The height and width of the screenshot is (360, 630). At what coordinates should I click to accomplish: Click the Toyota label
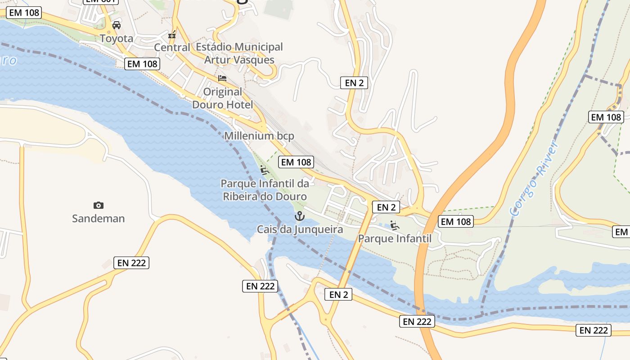[117, 39]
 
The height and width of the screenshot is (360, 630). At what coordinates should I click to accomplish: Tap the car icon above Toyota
[117, 25]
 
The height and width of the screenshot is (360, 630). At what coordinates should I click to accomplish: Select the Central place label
[172, 47]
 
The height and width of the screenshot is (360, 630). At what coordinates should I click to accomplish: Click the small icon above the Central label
[172, 35]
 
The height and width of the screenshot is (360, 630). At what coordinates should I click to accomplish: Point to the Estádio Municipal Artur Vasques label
[239, 53]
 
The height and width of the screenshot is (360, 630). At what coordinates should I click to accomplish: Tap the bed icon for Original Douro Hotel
[222, 78]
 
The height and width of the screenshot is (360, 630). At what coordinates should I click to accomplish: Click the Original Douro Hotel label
[222, 98]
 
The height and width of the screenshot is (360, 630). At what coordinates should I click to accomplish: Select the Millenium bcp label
[259, 135]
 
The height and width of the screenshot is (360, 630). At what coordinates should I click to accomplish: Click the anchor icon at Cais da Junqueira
[299, 216]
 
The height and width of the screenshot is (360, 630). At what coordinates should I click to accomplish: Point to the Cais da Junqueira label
[300, 229]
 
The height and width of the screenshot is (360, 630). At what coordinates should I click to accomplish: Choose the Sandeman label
[99, 219]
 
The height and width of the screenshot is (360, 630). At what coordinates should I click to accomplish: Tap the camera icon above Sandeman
[99, 206]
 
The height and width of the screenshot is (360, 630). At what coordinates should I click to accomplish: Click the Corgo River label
[534, 179]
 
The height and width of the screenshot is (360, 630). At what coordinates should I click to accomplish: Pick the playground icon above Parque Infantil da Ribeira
[265, 170]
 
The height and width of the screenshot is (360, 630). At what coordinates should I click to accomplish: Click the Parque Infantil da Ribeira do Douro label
[265, 190]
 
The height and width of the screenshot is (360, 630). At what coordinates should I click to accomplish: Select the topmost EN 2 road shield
[354, 82]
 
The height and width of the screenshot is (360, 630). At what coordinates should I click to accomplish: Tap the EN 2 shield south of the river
[338, 295]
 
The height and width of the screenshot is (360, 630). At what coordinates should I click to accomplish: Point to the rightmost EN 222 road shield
[594, 330]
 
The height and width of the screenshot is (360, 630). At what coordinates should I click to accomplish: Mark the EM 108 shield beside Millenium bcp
[296, 162]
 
